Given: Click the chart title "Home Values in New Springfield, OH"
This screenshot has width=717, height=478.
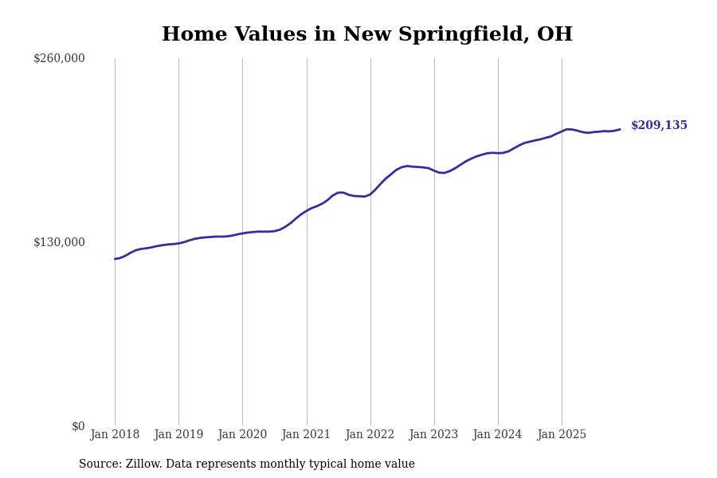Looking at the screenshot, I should (367, 35).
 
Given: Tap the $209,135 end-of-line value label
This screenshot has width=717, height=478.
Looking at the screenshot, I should (659, 126).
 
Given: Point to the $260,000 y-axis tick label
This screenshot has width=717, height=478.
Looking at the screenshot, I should (59, 58).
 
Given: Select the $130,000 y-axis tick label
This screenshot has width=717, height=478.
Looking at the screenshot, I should (59, 242).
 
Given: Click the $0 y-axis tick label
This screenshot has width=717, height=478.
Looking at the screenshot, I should (78, 426).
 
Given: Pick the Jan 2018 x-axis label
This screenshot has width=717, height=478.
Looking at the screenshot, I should (115, 435).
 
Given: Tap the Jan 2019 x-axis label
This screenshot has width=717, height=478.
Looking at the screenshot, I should (178, 435).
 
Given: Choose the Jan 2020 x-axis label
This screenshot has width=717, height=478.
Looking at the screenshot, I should (242, 435).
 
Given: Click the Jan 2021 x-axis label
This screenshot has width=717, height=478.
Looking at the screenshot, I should (306, 435).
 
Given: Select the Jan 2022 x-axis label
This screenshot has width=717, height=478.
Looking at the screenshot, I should (370, 435).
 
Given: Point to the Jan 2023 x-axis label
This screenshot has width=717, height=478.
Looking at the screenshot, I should (433, 435).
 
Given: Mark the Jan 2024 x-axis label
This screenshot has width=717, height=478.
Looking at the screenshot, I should (497, 435).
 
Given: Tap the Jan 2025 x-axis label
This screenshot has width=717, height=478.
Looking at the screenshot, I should (562, 435).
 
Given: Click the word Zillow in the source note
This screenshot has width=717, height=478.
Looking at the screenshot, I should (143, 464).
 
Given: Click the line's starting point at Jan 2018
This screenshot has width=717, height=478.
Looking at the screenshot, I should (115, 259).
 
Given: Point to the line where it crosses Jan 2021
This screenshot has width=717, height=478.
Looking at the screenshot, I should (307, 211).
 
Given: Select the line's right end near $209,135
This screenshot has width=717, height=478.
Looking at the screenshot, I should (620, 129).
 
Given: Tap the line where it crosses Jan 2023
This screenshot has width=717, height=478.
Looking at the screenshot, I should (434, 170).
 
